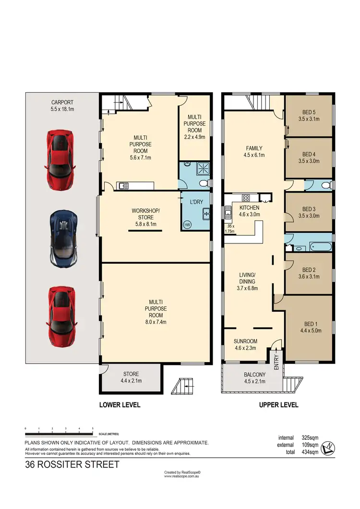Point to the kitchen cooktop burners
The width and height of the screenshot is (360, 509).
click(x=245, y=197)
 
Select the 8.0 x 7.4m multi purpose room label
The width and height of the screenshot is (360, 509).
click(x=156, y=312)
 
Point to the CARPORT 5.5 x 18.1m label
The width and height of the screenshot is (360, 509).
click(x=62, y=106)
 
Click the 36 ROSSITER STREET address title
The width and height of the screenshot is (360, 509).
click(x=72, y=465)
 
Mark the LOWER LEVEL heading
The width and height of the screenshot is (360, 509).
click(x=120, y=405)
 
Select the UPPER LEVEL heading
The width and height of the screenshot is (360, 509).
click(x=278, y=405)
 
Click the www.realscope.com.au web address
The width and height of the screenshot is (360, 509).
click(x=182, y=476)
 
